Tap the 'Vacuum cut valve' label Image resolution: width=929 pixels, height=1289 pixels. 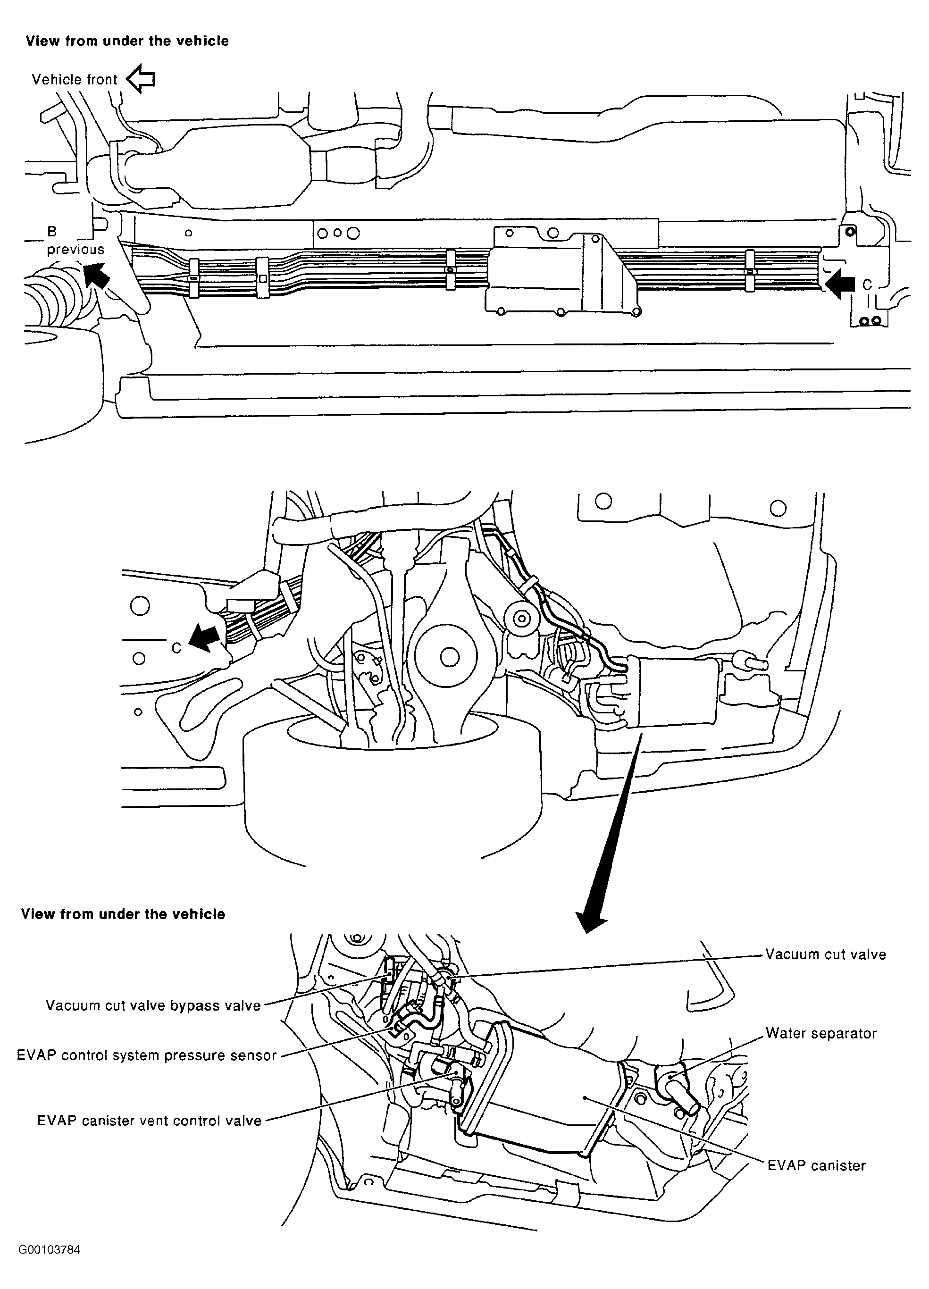(x=825, y=954)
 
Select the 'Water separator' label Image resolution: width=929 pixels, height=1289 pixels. (x=820, y=1033)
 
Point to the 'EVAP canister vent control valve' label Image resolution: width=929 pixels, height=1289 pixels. (x=149, y=1121)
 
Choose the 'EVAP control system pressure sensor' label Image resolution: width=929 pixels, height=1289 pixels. (x=146, y=1055)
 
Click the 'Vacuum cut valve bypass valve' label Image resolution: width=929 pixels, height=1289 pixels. (x=153, y=1005)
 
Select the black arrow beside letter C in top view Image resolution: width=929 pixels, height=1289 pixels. (x=840, y=284)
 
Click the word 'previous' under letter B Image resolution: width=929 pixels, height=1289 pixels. (x=75, y=250)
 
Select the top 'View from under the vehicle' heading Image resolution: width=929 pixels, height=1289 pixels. (x=127, y=41)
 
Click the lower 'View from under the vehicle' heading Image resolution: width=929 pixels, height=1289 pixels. (x=123, y=914)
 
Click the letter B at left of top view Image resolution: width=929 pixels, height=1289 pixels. (x=52, y=231)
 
